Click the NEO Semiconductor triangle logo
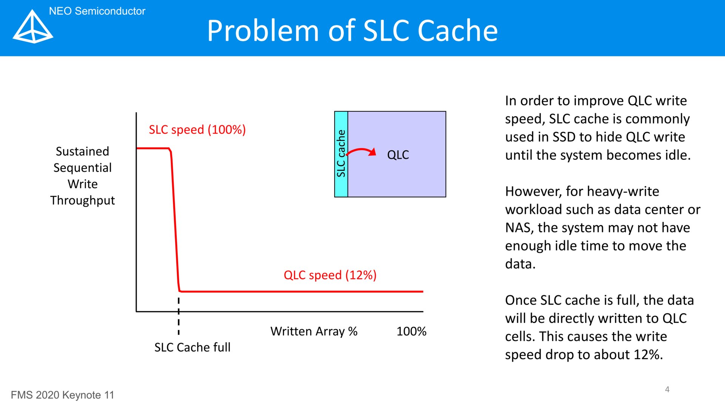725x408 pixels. click(33, 27)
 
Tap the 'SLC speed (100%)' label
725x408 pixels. click(197, 130)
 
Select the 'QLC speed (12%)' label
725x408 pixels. click(330, 275)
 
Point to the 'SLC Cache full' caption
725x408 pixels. click(192, 347)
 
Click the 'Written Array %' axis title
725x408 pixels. click(314, 331)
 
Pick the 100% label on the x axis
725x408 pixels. click(411, 331)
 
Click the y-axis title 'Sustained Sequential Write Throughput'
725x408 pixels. click(82, 176)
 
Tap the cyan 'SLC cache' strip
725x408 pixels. click(341, 154)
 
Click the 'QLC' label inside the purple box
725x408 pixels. click(398, 155)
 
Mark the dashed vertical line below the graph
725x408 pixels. click(179, 316)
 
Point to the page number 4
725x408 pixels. click(667, 389)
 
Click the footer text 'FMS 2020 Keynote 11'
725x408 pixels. click(62, 395)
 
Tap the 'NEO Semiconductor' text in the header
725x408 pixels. click(97, 11)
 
